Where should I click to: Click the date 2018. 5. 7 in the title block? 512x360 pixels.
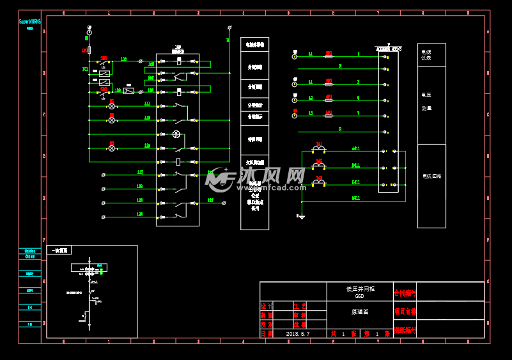coord(298,334)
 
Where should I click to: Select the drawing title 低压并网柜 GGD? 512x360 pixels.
coord(360,292)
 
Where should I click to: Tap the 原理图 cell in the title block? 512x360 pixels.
coord(360,312)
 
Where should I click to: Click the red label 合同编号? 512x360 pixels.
coord(405,293)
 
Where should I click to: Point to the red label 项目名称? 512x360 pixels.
coord(405,312)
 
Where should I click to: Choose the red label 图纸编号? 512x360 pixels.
coord(405,331)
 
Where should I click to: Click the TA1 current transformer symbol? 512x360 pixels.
coord(318,150)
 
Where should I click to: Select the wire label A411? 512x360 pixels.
coord(356,148)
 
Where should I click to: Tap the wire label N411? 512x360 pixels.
coord(356,198)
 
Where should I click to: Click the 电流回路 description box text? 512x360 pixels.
coord(431,176)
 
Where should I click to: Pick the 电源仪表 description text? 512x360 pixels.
coord(426,54)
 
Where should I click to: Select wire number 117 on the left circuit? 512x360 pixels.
coord(140,172)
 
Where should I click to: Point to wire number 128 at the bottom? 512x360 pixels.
coord(140,214)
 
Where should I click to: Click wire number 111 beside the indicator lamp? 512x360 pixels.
coord(147,103)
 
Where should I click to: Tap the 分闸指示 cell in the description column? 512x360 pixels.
coord(254,105)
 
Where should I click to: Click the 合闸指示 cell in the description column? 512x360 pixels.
coord(254,117)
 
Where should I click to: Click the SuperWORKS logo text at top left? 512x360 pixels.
coord(29,21)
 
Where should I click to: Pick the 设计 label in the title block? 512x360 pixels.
coord(267,306)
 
